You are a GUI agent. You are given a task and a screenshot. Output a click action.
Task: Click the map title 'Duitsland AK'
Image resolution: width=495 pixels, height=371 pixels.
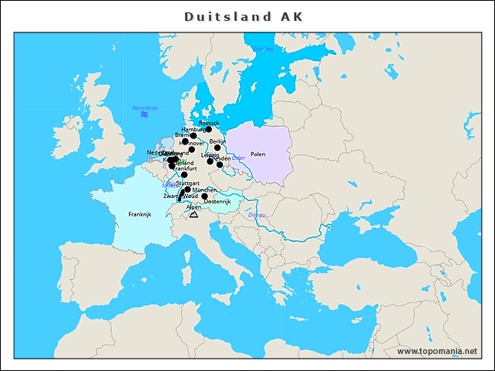click(x=244, y=16)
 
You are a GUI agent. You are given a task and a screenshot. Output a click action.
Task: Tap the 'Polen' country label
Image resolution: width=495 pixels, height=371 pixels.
click(x=258, y=154)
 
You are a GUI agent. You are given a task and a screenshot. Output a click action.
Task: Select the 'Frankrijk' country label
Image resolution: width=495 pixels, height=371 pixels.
click(x=139, y=214)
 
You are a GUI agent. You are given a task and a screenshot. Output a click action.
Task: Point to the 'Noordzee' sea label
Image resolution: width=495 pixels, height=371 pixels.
click(x=145, y=108)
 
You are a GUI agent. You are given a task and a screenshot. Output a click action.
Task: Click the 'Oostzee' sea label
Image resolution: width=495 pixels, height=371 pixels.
click(x=263, y=49)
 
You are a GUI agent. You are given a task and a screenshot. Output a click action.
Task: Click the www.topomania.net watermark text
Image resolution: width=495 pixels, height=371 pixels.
click(x=437, y=351)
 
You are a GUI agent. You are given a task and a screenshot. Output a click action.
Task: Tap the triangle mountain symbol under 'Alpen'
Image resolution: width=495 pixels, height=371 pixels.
click(x=193, y=214)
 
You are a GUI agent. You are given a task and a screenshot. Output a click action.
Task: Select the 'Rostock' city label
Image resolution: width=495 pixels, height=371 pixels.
click(x=209, y=123)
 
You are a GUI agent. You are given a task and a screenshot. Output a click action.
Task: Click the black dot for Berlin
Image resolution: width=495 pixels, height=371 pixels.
click(x=217, y=148)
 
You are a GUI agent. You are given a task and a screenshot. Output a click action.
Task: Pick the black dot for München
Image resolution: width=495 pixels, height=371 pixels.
click(x=188, y=189)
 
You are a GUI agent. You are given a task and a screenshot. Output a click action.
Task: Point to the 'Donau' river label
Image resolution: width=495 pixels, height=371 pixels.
click(x=258, y=214)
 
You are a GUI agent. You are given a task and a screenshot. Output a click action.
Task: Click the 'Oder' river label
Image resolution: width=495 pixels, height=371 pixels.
click(x=237, y=158)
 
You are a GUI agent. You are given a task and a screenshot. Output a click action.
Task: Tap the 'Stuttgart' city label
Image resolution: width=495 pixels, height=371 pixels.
click(x=188, y=183)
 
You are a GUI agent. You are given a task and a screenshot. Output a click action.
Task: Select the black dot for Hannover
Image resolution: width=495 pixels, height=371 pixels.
click(x=192, y=149)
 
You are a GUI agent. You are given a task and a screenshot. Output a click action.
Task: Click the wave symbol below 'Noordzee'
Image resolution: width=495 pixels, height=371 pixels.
click(x=145, y=114)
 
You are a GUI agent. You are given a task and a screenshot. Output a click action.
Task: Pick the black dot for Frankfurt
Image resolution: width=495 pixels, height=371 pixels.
click(x=183, y=175)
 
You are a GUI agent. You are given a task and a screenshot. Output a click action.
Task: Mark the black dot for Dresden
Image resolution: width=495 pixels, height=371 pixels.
click(x=220, y=164)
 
